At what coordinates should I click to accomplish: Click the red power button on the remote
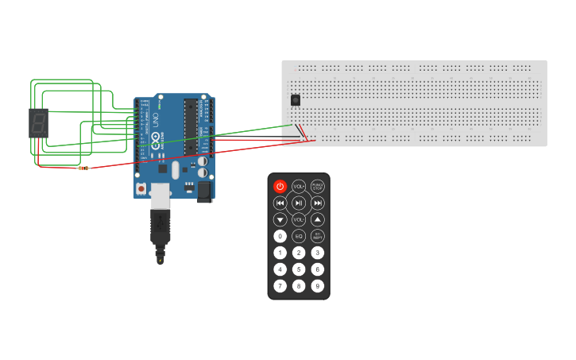pyautogui.click(x=280, y=186)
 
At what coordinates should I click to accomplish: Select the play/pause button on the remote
pyautogui.click(x=299, y=203)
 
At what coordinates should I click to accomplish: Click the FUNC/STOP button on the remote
pyautogui.click(x=318, y=186)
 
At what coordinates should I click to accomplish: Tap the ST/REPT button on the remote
pyautogui.click(x=318, y=236)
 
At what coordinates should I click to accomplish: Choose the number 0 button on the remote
pyautogui.click(x=280, y=236)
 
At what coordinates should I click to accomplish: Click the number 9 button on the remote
pyautogui.click(x=318, y=286)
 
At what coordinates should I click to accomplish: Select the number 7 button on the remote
pyautogui.click(x=280, y=286)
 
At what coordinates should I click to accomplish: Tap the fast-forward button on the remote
pyautogui.click(x=318, y=203)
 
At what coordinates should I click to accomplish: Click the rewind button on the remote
pyautogui.click(x=280, y=203)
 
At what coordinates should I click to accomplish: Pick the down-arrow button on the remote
pyautogui.click(x=280, y=219)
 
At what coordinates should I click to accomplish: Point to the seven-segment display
pyautogui.click(x=38, y=122)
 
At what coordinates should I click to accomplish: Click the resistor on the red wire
pyautogui.click(x=83, y=168)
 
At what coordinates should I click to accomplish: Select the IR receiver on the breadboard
pyautogui.click(x=296, y=100)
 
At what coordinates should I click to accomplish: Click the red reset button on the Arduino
pyautogui.click(x=141, y=188)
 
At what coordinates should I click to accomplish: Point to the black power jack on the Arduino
pyautogui.click(x=204, y=191)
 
